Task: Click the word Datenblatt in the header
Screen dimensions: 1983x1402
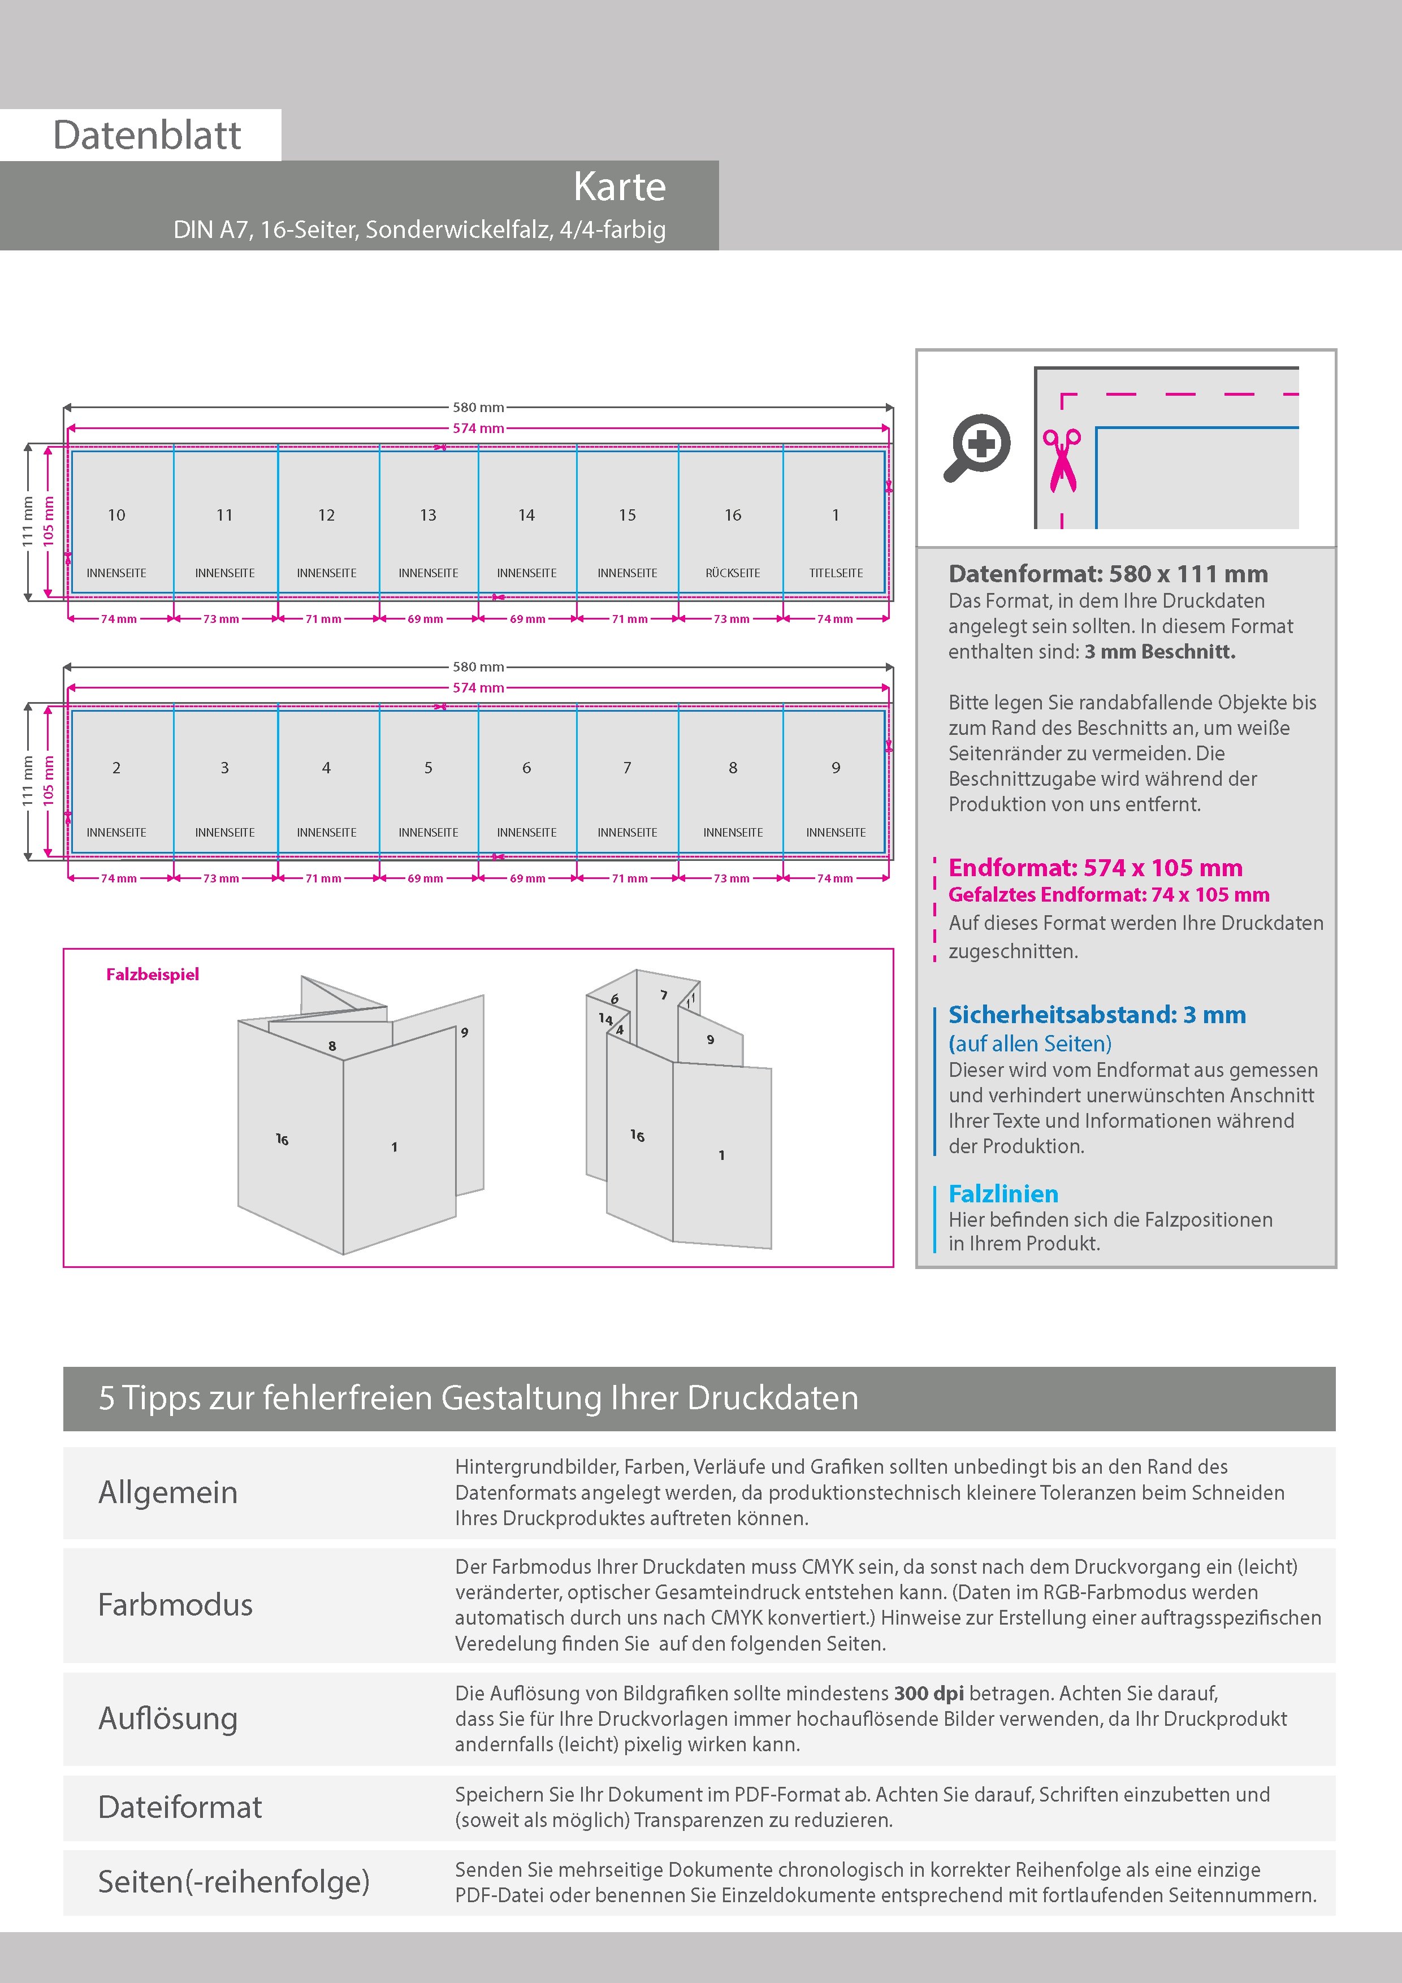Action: (x=147, y=136)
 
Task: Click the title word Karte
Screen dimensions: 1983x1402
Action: (x=620, y=187)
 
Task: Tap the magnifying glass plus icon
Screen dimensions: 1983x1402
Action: (x=977, y=447)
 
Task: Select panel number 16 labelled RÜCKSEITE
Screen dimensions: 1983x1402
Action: (x=733, y=516)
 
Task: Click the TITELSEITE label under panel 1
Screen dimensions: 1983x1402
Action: (x=836, y=573)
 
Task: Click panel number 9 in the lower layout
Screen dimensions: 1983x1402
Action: (x=836, y=768)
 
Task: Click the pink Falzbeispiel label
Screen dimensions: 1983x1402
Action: (x=152, y=974)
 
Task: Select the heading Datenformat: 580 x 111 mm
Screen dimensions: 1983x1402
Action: (x=1107, y=574)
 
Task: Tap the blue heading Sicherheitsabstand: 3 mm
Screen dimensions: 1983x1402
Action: (x=1096, y=1014)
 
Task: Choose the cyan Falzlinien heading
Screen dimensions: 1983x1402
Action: (x=1003, y=1194)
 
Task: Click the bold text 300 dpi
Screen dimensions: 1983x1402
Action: (x=929, y=1693)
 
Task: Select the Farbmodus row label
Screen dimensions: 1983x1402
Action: (x=175, y=1605)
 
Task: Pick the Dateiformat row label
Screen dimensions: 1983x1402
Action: (x=180, y=1807)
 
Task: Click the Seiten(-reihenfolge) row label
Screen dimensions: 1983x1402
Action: (x=233, y=1881)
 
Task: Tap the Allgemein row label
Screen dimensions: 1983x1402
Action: (x=167, y=1492)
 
